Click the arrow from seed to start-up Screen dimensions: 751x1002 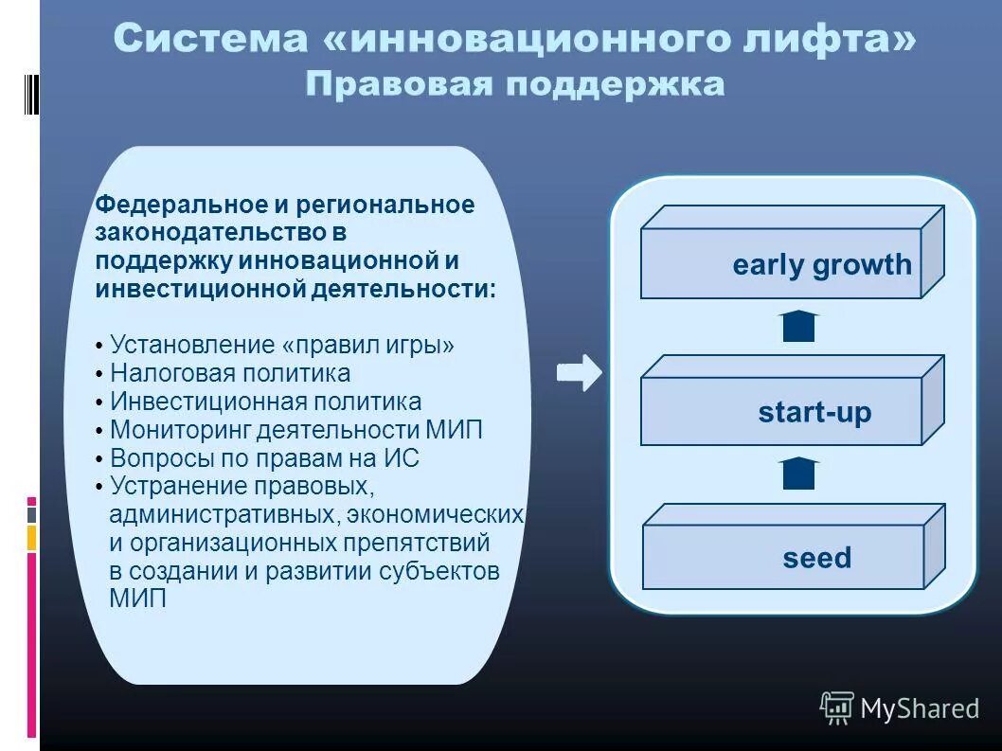coord(799,473)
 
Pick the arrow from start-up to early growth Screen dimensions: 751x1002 coord(799,325)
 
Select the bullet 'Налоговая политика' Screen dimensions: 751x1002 coord(229,373)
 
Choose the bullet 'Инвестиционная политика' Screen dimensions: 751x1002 coord(265,402)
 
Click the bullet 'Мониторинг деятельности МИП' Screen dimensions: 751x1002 coord(295,430)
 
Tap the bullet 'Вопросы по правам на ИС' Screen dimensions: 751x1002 coord(264,458)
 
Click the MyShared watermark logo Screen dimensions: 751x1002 coord(899,707)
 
